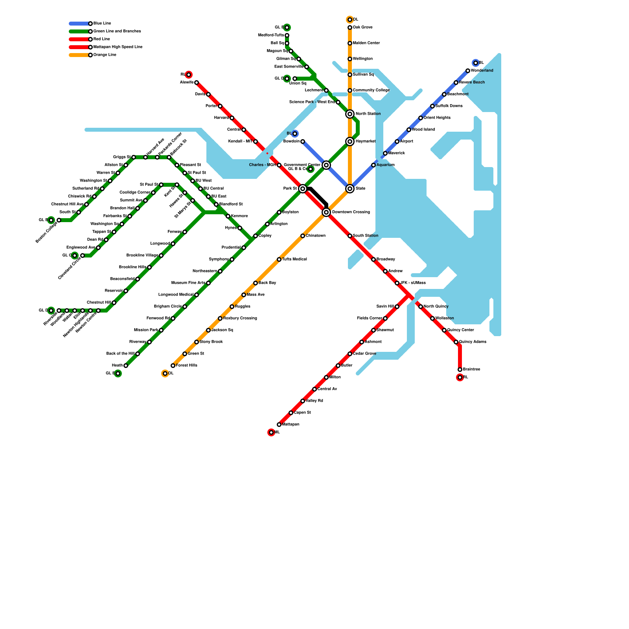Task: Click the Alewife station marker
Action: click(197, 83)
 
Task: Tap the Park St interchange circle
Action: click(303, 189)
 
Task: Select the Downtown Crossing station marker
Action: click(326, 212)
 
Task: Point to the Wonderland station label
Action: click(482, 71)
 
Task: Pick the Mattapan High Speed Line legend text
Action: click(118, 47)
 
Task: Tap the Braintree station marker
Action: click(460, 370)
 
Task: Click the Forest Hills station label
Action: click(186, 366)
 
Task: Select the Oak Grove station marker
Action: click(350, 28)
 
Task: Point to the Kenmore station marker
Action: click(228, 216)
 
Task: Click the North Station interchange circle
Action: click(350, 114)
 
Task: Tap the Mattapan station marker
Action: click(279, 425)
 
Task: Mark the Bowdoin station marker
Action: click(303, 142)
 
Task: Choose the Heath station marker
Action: click(126, 366)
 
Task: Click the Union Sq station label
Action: click(298, 83)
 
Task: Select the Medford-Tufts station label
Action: click(271, 35)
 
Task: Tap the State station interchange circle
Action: click(350, 189)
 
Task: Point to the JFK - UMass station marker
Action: click(397, 283)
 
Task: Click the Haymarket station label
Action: click(365, 142)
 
